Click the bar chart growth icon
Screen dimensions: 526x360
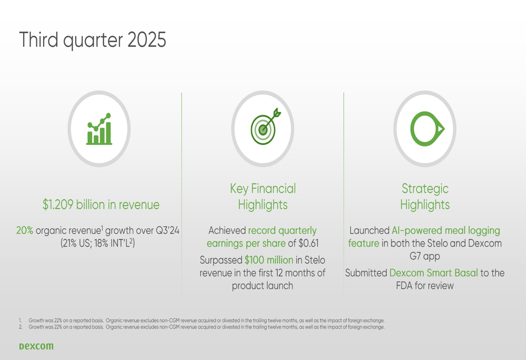click(99, 129)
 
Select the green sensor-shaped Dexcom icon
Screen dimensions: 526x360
click(427, 129)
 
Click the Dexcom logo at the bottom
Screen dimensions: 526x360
click(36, 346)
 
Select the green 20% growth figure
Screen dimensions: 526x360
click(25, 230)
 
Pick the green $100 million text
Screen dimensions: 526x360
click(269, 260)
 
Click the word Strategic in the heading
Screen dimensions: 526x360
click(425, 189)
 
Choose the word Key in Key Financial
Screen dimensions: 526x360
click(239, 189)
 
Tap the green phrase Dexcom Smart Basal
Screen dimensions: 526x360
click(433, 273)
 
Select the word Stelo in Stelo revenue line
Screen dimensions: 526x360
click(315, 260)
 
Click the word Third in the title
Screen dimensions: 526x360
click(38, 40)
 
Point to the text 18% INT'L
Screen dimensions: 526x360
click(114, 243)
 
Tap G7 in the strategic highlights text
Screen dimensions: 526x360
click(415, 256)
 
